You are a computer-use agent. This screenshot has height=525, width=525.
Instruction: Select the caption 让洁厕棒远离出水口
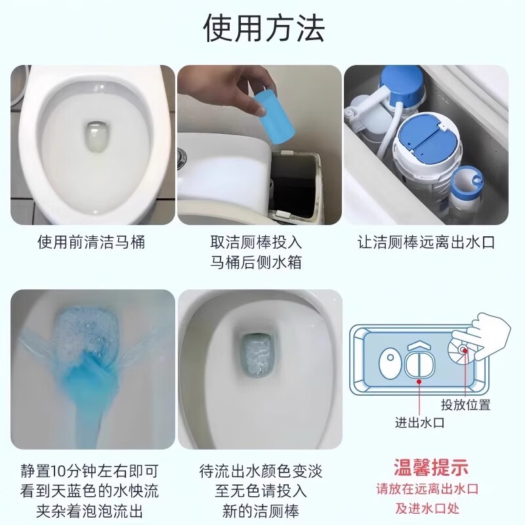point(426,242)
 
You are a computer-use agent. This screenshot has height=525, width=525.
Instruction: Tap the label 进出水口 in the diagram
point(420,423)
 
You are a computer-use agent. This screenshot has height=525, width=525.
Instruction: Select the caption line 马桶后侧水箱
point(261,263)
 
